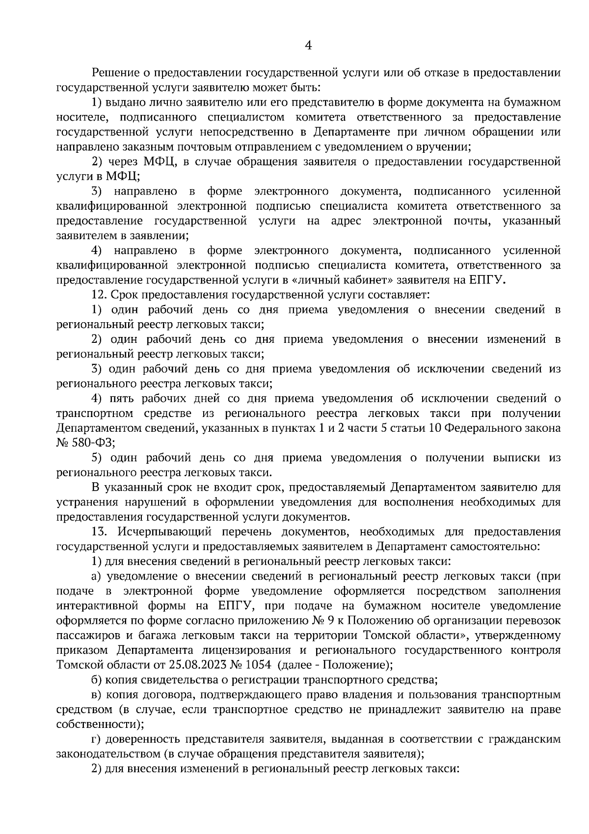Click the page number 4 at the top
point(308,46)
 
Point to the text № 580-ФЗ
point(86,443)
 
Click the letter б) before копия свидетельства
point(97,680)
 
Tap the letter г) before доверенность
point(96,739)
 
